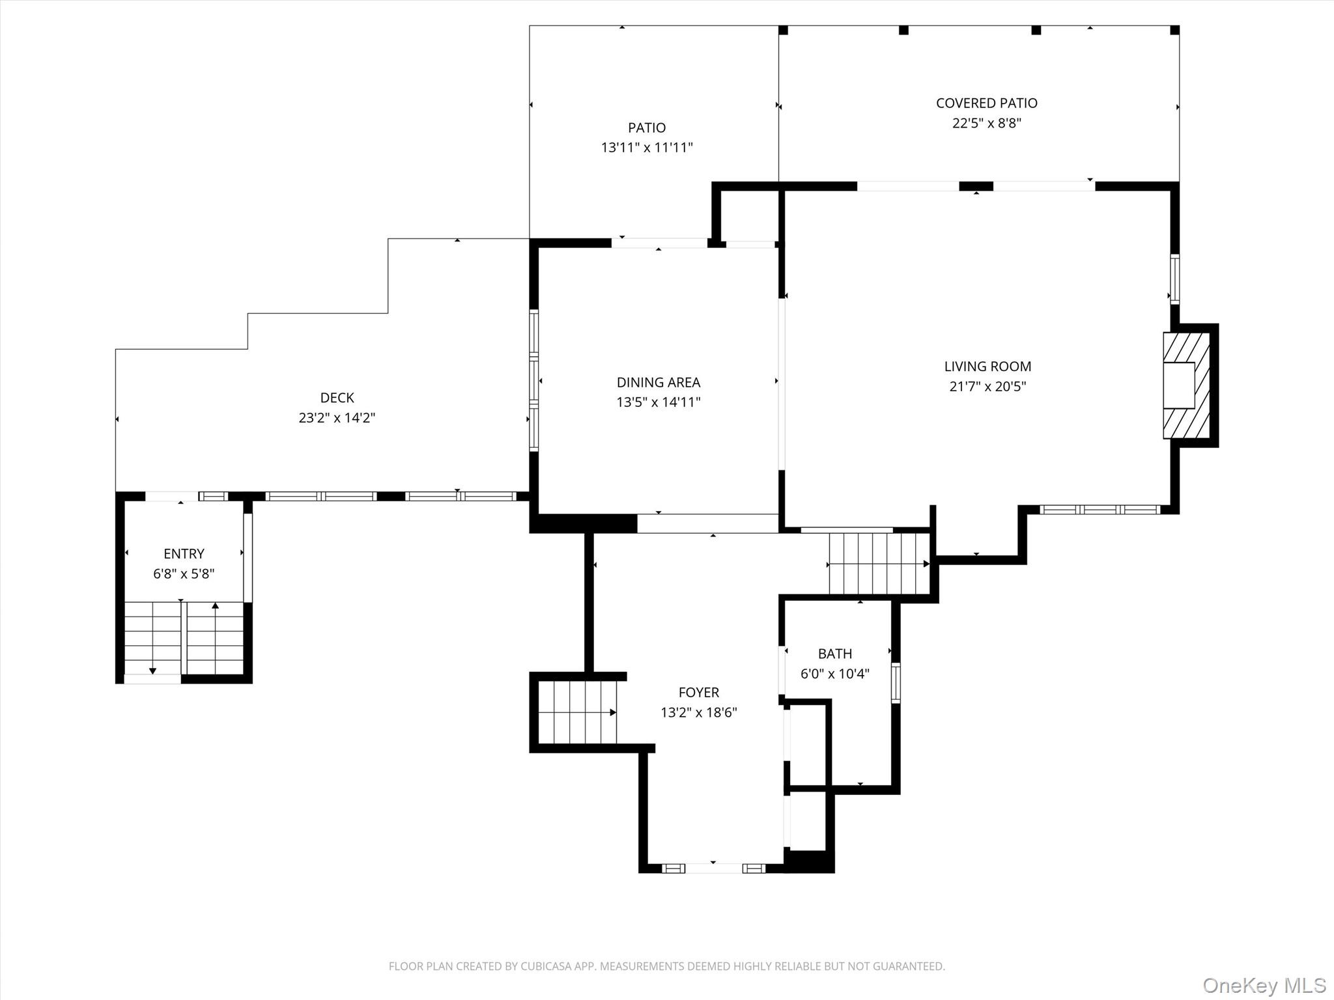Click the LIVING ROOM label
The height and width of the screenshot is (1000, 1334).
coord(987,367)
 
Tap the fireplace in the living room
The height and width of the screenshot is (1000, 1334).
coord(1185,385)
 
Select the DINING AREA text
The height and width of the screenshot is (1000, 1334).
coord(658,382)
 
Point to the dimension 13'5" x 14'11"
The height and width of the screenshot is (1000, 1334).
coord(658,402)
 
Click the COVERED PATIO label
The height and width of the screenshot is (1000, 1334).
coord(986,103)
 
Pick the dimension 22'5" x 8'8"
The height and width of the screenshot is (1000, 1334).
coord(986,123)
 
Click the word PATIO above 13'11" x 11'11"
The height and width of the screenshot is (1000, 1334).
coord(646,128)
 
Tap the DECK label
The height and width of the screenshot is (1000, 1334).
coord(337,398)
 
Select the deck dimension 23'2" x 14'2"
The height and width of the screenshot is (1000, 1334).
coord(337,418)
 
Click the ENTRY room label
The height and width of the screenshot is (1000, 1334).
coord(184,554)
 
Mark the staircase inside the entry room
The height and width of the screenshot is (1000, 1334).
coord(184,638)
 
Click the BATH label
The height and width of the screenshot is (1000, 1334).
coord(834,654)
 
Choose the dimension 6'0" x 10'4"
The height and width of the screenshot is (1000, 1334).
coord(834,674)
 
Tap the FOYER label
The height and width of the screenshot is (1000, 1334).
coord(698,693)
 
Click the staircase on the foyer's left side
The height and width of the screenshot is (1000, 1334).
coord(577,712)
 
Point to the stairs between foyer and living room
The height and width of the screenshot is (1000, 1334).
coord(879,564)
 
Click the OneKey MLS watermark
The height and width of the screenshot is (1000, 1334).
coord(1264,985)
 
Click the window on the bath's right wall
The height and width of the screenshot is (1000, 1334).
coord(896,683)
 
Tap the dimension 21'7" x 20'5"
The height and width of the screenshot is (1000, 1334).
coord(987,387)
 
